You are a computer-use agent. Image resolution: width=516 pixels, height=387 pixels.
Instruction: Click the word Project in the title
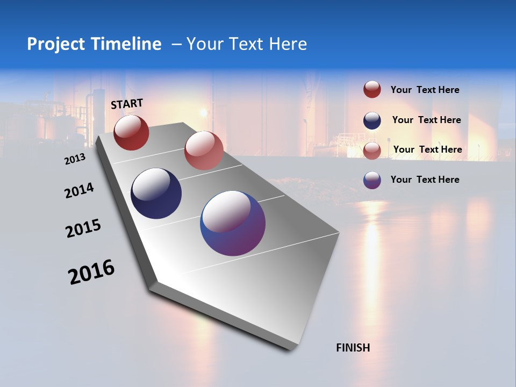coord(56,44)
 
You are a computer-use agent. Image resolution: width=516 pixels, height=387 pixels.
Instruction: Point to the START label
coord(127,104)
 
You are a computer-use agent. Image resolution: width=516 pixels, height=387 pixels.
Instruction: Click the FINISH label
coord(353,348)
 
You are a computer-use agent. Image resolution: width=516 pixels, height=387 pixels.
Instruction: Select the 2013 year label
coord(75,159)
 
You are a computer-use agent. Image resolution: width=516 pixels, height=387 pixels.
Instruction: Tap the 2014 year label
coord(79,190)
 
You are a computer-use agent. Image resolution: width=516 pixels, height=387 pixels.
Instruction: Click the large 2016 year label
coord(91,272)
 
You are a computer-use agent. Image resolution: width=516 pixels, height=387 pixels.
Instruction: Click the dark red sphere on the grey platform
coord(131,132)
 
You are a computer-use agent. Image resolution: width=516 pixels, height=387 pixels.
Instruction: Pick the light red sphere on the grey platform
coord(204,150)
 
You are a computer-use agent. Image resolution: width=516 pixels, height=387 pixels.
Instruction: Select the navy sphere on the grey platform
coord(156,193)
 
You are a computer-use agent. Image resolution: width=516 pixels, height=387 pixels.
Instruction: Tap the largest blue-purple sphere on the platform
coord(233,223)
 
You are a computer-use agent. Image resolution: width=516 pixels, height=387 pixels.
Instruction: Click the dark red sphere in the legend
coord(372,90)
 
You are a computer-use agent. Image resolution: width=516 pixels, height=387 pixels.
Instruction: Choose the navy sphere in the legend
coord(372,120)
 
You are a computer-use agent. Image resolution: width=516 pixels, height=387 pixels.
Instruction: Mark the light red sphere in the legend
coord(372,150)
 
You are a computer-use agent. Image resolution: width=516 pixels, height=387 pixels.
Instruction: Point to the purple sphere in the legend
coord(372,180)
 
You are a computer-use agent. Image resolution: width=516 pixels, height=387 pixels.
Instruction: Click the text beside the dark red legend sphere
coord(425,90)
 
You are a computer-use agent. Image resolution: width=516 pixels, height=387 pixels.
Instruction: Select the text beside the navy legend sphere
coord(426,120)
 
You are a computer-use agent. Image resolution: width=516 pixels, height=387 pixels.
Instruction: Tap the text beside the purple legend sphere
coord(425,180)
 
